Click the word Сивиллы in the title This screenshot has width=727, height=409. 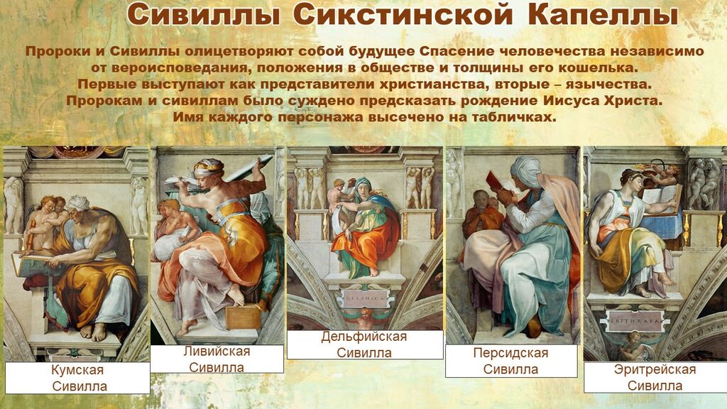pos(204,16)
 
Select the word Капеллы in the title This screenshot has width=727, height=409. pos(602,16)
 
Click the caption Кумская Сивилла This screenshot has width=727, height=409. pos(78,378)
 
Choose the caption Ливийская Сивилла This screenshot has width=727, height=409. pos(217,359)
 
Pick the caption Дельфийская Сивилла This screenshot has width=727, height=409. pos(364,344)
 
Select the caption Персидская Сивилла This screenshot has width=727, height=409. pos(510,361)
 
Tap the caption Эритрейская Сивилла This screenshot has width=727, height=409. pos(655,377)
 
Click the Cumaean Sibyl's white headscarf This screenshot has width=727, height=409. pos(78,202)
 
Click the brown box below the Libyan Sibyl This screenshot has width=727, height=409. pos(244,317)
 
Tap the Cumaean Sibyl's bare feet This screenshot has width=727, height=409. pos(93,332)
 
